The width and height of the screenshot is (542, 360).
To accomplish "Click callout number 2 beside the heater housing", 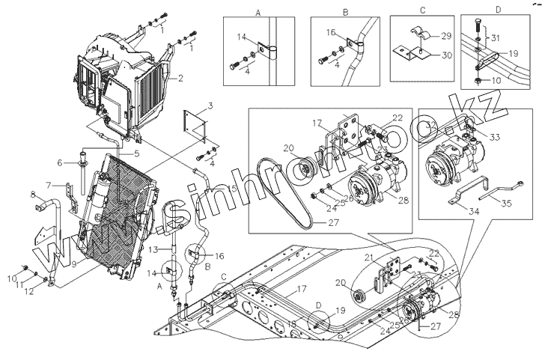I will tap(181, 78).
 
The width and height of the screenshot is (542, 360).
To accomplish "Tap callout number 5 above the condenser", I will tap(137, 153).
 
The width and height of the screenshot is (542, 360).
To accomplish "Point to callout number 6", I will tap(58, 162).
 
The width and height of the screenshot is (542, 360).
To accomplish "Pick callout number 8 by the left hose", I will tap(33, 196).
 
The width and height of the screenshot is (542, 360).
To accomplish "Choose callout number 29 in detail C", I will tap(445, 36).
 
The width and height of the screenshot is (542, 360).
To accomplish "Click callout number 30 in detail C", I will tap(445, 55).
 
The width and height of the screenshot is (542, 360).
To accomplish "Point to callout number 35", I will tap(507, 201).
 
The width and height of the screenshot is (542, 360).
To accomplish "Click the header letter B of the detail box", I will tap(345, 13).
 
